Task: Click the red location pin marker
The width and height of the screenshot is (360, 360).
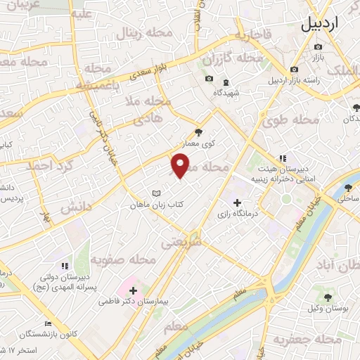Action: point(181,166)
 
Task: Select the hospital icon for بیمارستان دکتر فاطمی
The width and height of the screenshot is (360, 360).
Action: point(133,290)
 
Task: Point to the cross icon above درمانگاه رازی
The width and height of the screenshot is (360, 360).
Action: point(236,202)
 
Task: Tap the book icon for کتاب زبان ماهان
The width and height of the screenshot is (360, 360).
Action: point(157,194)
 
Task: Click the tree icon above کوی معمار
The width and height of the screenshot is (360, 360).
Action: point(199,131)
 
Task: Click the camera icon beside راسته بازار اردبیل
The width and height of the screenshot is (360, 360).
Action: point(294,70)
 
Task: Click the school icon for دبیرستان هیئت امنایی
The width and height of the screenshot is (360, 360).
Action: point(282,159)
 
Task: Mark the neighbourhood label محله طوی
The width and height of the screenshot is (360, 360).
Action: point(292,120)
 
